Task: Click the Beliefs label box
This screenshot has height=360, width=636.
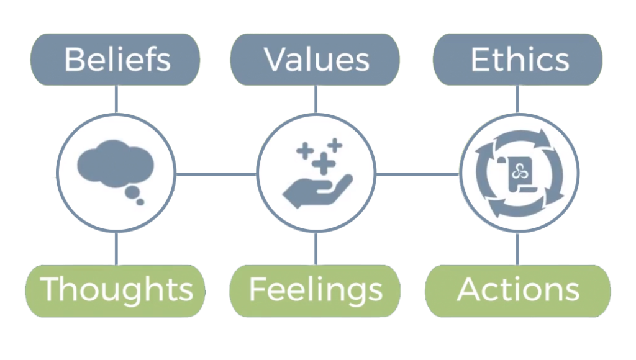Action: pos(116,60)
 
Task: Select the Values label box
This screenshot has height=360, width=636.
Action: pos(316,60)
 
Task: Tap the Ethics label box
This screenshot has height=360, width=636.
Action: pos(517,60)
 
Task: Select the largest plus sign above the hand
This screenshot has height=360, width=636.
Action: pos(322,163)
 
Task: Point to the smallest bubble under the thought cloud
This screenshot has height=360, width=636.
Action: pos(140,201)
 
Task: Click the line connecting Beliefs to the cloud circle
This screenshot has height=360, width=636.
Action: pos(116,99)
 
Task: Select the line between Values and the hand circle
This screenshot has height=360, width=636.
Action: pos(316,99)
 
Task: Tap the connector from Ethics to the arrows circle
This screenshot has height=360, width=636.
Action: pos(517,99)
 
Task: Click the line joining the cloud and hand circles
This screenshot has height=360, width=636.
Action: pos(216,175)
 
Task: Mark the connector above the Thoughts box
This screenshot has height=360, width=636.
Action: pos(116,250)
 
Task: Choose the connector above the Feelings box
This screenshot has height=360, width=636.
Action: pos(316,250)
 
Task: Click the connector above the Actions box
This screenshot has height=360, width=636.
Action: pos(517,250)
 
